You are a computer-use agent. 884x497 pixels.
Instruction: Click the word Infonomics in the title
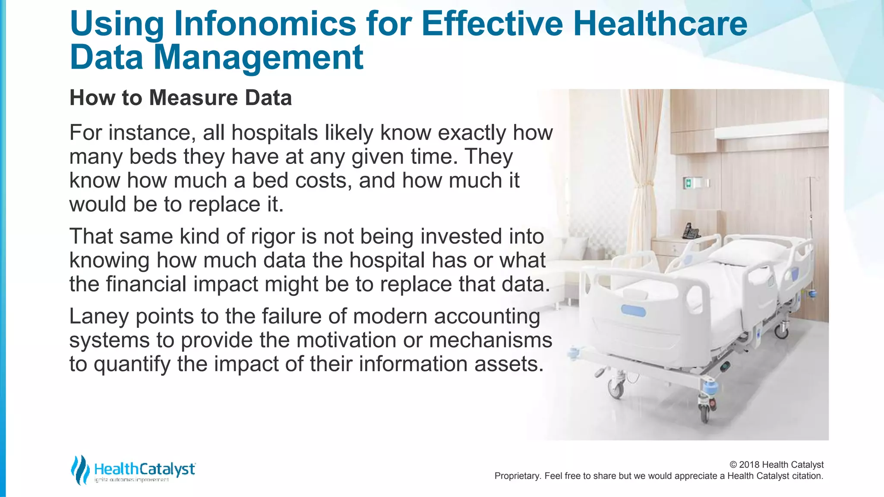click(x=265, y=24)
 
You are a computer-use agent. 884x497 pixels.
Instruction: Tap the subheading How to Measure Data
click(x=180, y=98)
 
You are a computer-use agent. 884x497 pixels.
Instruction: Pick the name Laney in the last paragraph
click(x=99, y=316)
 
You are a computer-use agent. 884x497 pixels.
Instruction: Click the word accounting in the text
click(x=487, y=316)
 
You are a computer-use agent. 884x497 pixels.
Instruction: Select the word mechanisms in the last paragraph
click(x=491, y=340)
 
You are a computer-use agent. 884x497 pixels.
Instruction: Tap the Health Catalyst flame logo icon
click(x=80, y=469)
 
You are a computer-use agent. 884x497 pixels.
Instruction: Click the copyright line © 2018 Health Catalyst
click(x=776, y=465)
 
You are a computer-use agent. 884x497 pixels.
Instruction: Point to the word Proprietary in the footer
click(x=517, y=476)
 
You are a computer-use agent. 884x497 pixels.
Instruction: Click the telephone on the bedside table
click(x=691, y=232)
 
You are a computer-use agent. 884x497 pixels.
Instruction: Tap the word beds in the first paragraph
click(x=153, y=157)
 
